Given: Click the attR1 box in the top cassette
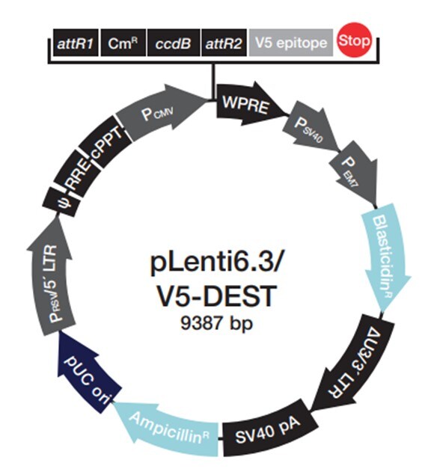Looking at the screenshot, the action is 76,43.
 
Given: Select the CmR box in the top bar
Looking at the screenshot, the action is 123,43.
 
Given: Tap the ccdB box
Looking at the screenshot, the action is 174,43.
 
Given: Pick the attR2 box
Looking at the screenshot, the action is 224,43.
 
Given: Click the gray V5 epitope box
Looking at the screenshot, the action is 291,43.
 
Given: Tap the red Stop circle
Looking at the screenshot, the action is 354,40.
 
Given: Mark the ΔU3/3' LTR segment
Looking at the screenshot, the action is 356,362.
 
